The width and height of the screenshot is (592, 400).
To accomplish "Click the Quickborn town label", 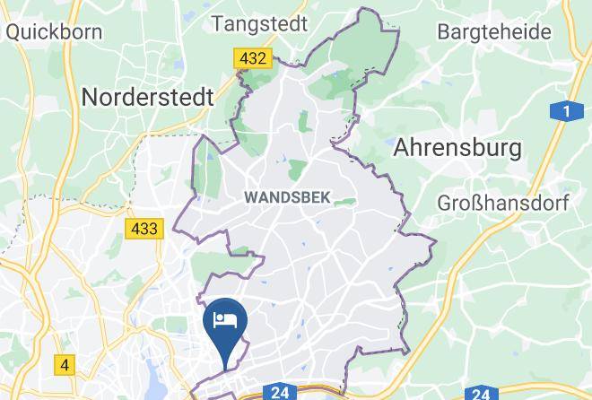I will click(x=54, y=31).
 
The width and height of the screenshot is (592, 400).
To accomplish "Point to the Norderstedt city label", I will click(x=148, y=96).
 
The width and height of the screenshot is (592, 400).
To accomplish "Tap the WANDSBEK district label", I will click(x=287, y=196).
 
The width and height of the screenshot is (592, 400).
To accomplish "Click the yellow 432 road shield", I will click(x=253, y=59).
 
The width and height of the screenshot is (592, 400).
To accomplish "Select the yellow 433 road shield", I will click(x=144, y=229).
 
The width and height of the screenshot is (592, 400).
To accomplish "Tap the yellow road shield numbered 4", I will click(x=65, y=365).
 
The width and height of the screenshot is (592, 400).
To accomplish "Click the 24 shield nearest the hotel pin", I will click(x=280, y=392).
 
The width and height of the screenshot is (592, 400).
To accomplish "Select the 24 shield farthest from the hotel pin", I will click(x=481, y=392).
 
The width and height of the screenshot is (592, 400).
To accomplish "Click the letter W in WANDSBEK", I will click(x=249, y=196).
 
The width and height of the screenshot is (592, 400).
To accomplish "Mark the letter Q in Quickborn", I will click(x=13, y=31).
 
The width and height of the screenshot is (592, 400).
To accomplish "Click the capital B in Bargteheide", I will click(x=442, y=32).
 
